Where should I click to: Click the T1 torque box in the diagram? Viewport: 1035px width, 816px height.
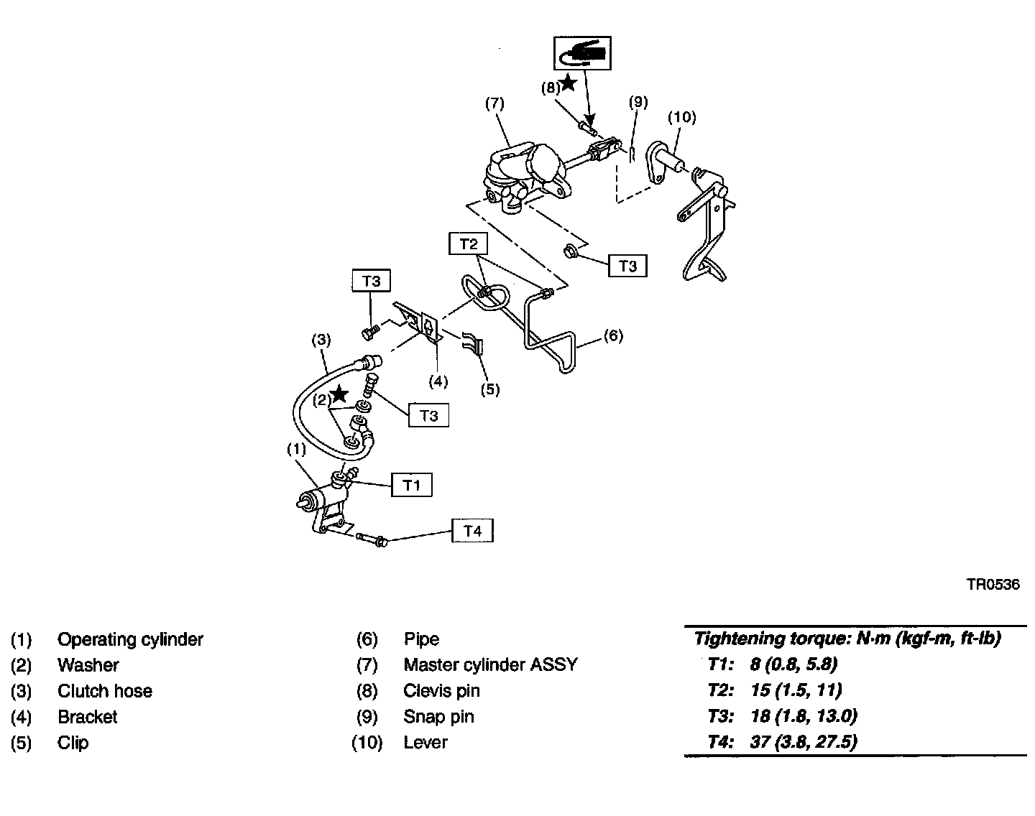click(411, 485)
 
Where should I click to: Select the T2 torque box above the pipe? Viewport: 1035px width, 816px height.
click(468, 244)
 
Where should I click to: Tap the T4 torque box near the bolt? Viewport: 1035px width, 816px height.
click(472, 531)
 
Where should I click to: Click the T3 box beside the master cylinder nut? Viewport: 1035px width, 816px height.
click(627, 266)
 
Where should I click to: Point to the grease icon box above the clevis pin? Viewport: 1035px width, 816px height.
click(582, 52)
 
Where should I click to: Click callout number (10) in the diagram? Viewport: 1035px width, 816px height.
click(681, 116)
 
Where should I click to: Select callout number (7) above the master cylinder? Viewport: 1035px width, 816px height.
click(494, 103)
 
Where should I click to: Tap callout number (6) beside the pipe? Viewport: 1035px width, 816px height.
click(612, 335)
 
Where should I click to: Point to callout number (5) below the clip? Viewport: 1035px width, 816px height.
click(489, 389)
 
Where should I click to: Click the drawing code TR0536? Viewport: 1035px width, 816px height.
click(993, 585)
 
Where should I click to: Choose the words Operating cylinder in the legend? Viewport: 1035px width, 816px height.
click(130, 639)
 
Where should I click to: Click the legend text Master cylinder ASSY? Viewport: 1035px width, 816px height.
click(490, 665)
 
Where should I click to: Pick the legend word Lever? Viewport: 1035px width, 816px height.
click(425, 743)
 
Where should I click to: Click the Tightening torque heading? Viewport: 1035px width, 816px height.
click(847, 638)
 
